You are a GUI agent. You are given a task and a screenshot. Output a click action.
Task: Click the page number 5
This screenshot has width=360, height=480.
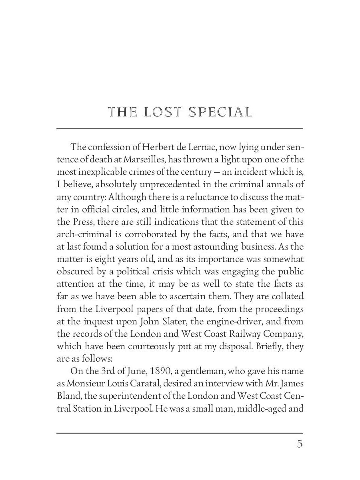(300, 444)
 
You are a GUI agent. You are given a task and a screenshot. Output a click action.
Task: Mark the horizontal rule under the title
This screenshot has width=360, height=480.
(180, 129)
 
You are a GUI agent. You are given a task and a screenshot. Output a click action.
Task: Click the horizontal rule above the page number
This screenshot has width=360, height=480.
(180, 433)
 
